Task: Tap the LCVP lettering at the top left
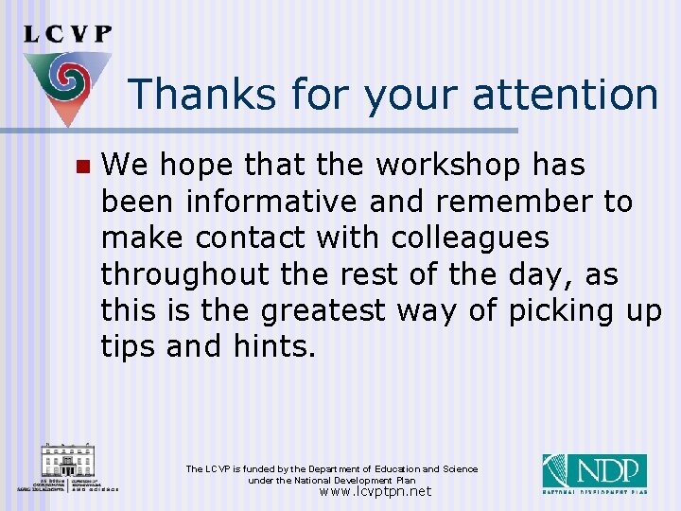67,33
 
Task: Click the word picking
568,310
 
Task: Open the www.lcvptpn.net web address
375,491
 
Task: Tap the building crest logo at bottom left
67,467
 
